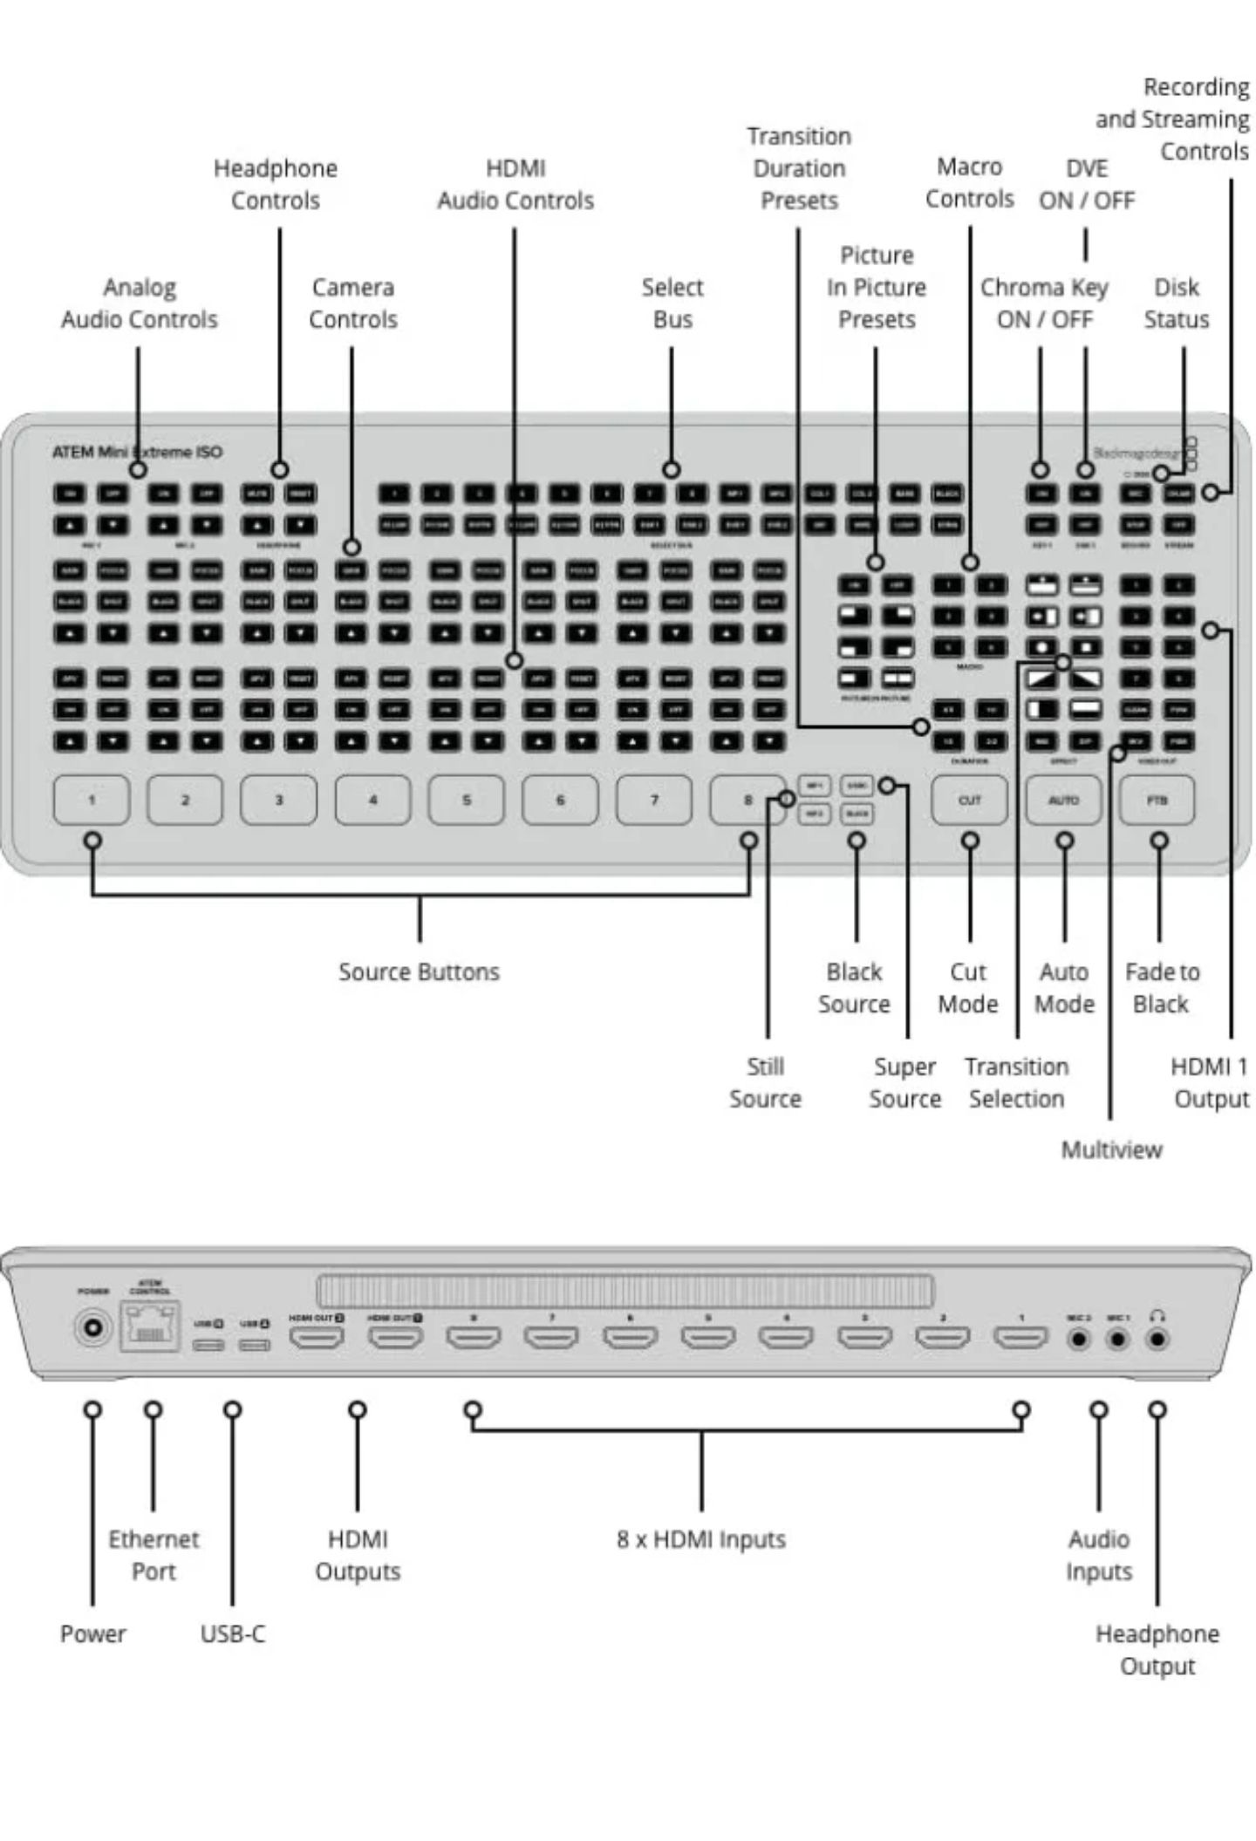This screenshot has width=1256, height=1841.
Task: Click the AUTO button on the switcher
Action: point(1063,800)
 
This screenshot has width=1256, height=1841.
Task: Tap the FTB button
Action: point(1157,800)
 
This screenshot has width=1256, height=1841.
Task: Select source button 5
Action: point(466,800)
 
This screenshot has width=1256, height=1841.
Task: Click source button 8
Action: point(747,800)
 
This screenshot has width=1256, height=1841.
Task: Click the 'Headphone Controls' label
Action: point(276,184)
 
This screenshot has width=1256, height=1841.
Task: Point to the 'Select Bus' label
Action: point(672,303)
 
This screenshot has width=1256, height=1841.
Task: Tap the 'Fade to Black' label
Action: point(1162,987)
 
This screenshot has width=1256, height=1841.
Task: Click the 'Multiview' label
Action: point(1111,1149)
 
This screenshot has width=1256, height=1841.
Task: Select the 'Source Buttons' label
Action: point(419,972)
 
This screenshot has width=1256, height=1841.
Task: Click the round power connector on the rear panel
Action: point(92,1330)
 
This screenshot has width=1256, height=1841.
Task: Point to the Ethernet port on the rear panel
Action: point(150,1327)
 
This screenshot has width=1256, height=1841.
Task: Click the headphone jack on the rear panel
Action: point(1157,1339)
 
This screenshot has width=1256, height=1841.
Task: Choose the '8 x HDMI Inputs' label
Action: point(700,1539)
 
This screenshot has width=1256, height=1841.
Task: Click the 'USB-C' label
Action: point(232,1633)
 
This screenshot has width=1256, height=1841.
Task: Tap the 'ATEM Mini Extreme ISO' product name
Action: point(137,452)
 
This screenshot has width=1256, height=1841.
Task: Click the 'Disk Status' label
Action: point(1176,303)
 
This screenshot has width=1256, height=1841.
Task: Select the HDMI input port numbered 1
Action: point(1020,1336)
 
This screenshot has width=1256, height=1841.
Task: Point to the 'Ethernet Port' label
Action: point(154,1555)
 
